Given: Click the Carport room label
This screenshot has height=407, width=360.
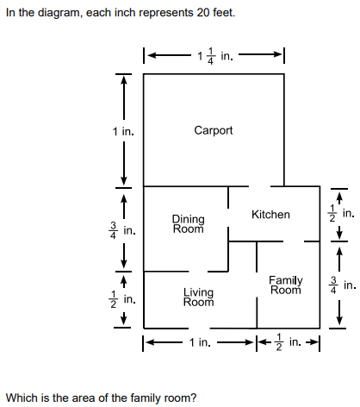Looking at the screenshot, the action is pyautogui.click(x=214, y=130).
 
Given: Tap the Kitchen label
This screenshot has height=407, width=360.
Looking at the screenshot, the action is pyautogui.click(x=270, y=215).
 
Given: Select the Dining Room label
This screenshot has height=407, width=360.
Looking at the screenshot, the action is pyautogui.click(x=189, y=224).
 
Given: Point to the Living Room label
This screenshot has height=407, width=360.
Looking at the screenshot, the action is pyautogui.click(x=199, y=297).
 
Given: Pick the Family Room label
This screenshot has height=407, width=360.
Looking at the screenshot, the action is pyautogui.click(x=286, y=285).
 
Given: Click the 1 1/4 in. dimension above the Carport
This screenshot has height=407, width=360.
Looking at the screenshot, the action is pyautogui.click(x=215, y=56).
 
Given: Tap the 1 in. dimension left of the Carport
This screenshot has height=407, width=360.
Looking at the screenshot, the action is pyautogui.click(x=123, y=132).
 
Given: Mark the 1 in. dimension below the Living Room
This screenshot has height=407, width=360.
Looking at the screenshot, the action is pyautogui.click(x=200, y=342).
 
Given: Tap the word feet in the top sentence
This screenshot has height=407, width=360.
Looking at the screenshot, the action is pyautogui.click(x=224, y=13).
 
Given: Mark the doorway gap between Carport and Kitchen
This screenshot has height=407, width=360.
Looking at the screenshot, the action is pyautogui.click(x=259, y=186).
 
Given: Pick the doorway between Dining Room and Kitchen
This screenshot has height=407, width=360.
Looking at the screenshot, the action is pyautogui.click(x=228, y=217).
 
